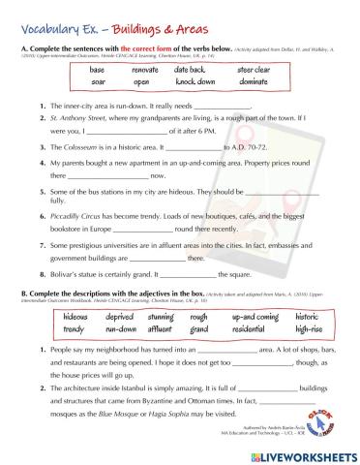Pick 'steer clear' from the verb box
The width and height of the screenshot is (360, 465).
tap(256, 71)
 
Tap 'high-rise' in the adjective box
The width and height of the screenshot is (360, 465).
tap(306, 329)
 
